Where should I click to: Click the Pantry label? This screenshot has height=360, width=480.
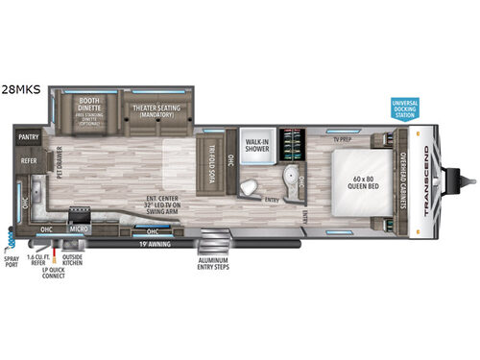28,137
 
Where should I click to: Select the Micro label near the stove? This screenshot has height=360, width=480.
79,229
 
